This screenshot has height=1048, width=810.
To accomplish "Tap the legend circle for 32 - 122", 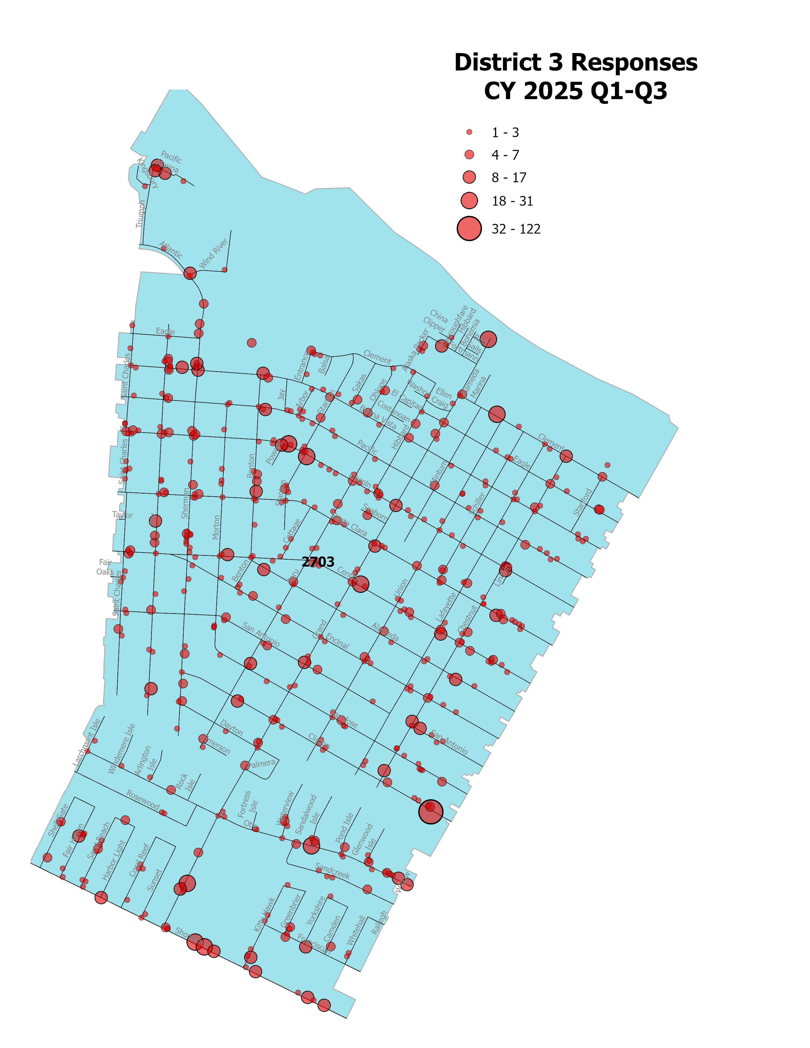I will pos(469,228).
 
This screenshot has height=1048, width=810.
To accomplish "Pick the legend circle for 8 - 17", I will pos(469,177).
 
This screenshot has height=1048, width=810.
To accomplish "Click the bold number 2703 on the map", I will pos(318,561).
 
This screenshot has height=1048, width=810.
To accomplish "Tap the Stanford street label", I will pos(583,502).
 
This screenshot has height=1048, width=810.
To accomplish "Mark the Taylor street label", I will pos(122,515).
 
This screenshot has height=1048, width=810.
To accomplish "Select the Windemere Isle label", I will pos(121,749).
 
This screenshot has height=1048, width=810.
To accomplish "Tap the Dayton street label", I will pos(232,728).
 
